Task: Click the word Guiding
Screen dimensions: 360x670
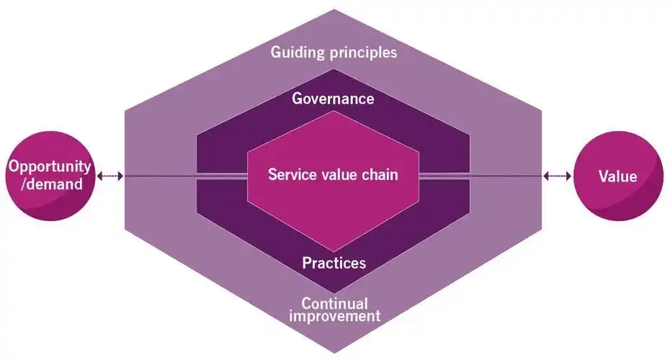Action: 296,53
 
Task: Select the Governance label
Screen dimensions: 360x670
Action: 333,99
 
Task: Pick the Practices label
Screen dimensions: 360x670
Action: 334,263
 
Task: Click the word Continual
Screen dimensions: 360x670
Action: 334,303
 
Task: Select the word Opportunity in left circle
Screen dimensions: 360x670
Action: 50,167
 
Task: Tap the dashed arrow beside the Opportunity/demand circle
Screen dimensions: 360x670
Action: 110,176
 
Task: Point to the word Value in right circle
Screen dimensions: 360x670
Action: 617,176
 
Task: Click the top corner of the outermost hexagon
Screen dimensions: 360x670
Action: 334,10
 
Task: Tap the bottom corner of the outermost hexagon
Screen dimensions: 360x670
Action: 334,351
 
